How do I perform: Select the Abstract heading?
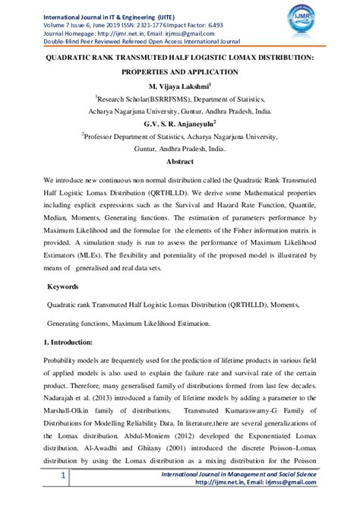[180, 162]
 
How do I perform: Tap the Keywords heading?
[63, 288]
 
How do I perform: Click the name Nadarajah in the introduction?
[63, 396]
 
